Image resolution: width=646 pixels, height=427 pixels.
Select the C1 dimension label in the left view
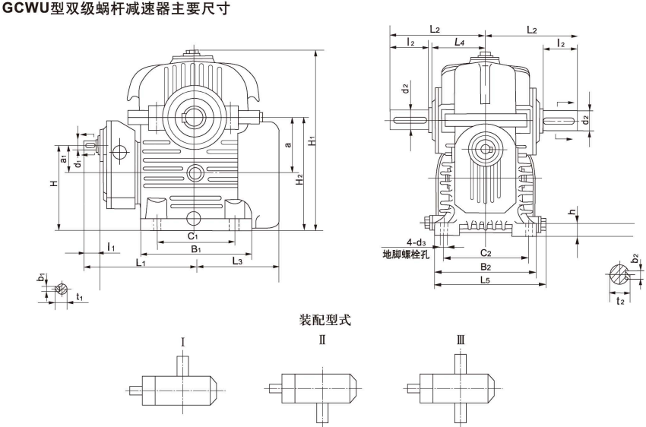194,236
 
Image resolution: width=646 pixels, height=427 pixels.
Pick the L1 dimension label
141,262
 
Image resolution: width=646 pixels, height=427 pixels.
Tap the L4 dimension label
459,43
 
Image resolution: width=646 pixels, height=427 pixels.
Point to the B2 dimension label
486,267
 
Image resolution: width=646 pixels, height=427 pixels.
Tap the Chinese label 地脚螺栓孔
407,255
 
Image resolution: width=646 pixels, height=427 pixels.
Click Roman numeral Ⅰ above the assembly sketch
184,341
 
